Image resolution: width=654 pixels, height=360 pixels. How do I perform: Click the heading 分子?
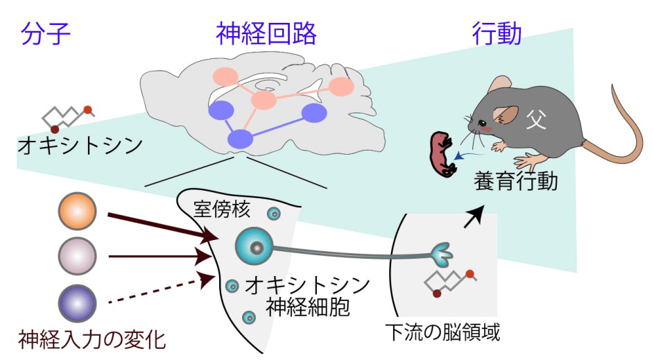click(46, 33)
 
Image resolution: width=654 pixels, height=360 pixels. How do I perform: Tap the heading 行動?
click(497, 33)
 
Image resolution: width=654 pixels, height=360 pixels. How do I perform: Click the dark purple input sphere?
click(78, 303)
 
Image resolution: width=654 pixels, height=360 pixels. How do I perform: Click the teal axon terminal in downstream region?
click(442, 255)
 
